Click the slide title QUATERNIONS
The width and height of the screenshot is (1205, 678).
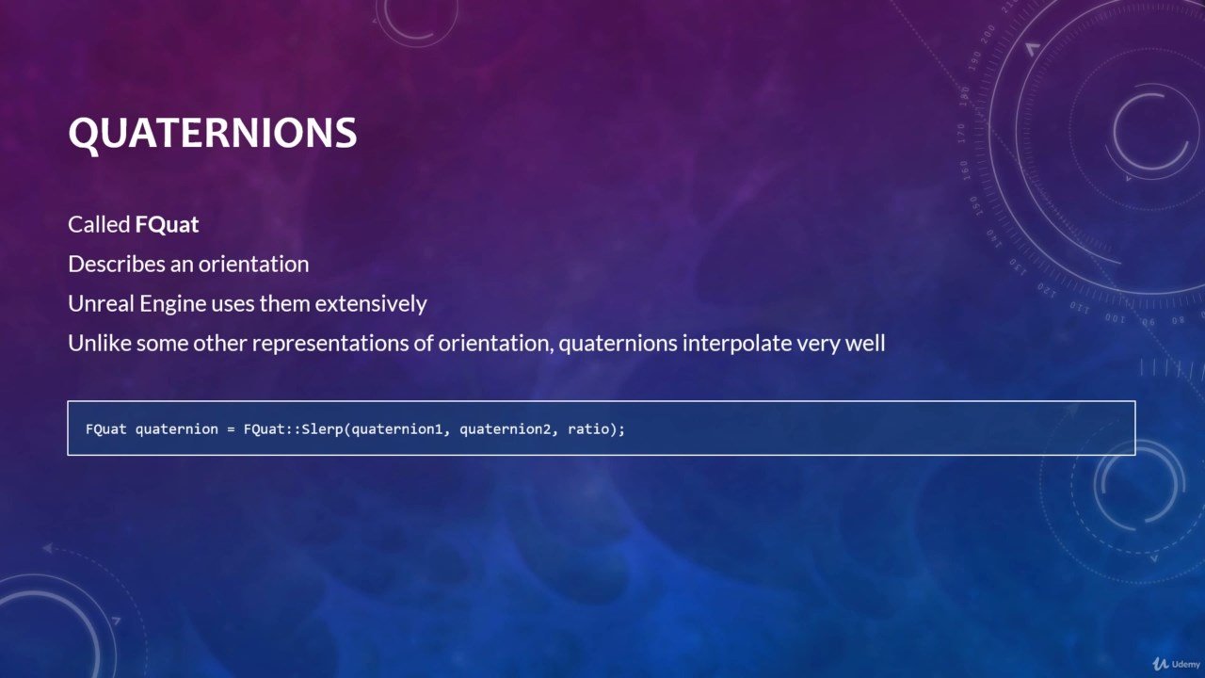click(213, 133)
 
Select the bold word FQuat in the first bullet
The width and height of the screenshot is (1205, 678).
click(167, 224)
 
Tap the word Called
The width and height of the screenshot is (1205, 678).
click(99, 224)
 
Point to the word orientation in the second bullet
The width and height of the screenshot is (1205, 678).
click(253, 265)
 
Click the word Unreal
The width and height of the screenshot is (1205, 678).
click(101, 303)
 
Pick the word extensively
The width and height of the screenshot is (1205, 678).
click(371, 304)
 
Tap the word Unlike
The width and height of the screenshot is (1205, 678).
click(100, 343)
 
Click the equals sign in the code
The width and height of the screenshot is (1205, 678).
click(232, 429)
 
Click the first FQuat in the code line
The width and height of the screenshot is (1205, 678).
click(106, 429)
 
